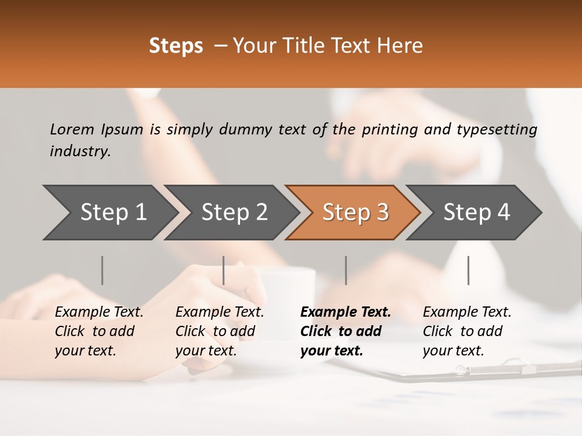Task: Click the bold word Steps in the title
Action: tap(176, 46)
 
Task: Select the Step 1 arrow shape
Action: tap(109, 213)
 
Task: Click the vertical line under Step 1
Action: tap(102, 270)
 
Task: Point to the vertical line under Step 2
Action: tap(224, 270)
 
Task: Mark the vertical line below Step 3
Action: tap(346, 270)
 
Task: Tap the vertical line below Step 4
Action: tap(468, 270)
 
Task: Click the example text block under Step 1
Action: tap(99, 331)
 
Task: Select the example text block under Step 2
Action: tap(219, 331)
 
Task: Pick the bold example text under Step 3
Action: tap(346, 331)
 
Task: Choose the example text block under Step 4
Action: tap(467, 331)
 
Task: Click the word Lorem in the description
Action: tap(72, 129)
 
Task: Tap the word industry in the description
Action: tap(79, 151)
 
